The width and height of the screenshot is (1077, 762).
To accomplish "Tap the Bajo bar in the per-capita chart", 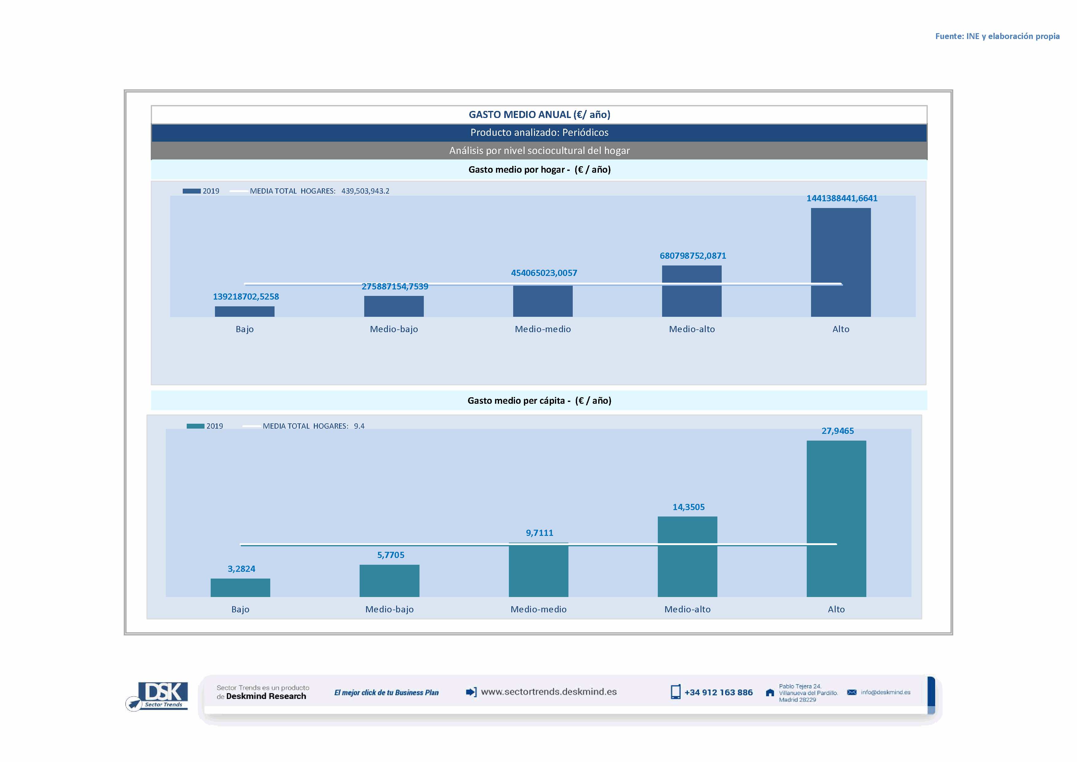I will [240, 587].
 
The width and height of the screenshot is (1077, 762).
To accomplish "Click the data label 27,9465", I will [837, 431].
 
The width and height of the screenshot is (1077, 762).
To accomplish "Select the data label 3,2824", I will [241, 569].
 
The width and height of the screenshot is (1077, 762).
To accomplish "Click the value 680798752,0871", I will [692, 256].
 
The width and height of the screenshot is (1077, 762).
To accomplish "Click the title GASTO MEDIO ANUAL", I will [539, 115].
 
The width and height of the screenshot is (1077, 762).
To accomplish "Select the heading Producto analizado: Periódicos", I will [539, 132].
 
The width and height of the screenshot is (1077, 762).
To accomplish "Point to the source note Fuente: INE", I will [997, 36].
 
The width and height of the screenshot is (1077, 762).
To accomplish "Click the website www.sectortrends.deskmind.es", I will [548, 692].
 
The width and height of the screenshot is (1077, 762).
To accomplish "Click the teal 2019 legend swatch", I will [195, 426].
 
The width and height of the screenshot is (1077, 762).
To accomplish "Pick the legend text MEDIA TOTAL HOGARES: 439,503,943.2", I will [319, 191].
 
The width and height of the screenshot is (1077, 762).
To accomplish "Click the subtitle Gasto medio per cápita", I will [539, 400].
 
